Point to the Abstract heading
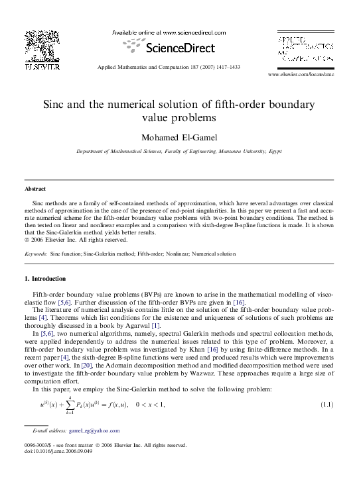tap(36, 189)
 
